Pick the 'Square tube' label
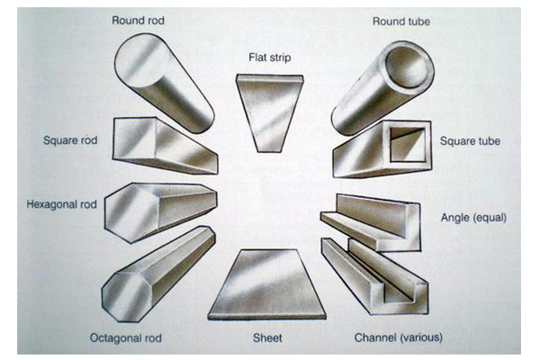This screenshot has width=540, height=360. click(470, 141)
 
